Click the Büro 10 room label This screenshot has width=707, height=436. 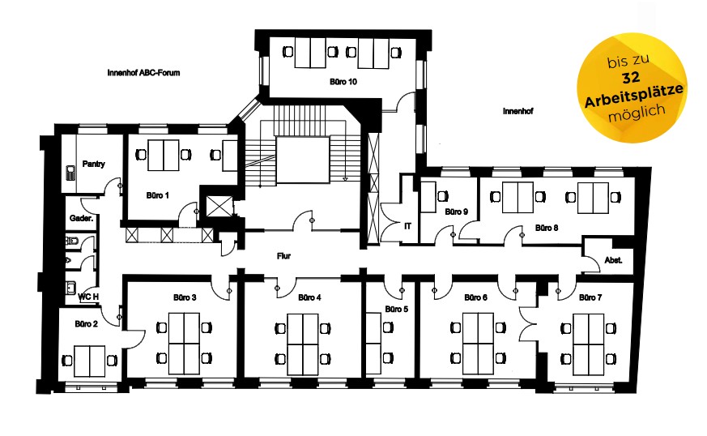pyautogui.click(x=343, y=82)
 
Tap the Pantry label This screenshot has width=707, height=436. pyautogui.click(x=93, y=164)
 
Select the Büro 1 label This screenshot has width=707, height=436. pyautogui.click(x=157, y=195)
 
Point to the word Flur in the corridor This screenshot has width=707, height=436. pyautogui.click(x=283, y=256)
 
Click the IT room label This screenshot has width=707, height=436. pyautogui.click(x=407, y=226)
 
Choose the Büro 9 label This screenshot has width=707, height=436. pyautogui.click(x=456, y=212)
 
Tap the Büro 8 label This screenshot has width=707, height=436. pyautogui.click(x=547, y=228)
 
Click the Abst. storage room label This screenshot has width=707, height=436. pyautogui.click(x=613, y=260)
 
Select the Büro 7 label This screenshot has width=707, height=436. pyautogui.click(x=590, y=297)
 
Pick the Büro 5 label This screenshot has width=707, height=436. pyautogui.click(x=396, y=310)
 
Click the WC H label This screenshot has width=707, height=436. pyautogui.click(x=88, y=297)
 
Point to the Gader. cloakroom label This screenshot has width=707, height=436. pyautogui.click(x=81, y=218)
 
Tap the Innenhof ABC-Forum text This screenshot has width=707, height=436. pyautogui.click(x=143, y=72)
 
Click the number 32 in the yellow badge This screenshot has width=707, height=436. pyautogui.click(x=630, y=78)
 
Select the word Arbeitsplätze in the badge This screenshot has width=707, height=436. pyautogui.click(x=633, y=96)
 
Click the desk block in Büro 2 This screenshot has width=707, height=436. pyautogui.click(x=89, y=361)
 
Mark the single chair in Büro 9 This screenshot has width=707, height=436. pyautogui.click(x=442, y=196)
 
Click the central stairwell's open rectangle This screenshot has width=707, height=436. pyautogui.click(x=302, y=160)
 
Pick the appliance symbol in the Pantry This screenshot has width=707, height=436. pyautogui.click(x=70, y=173)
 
